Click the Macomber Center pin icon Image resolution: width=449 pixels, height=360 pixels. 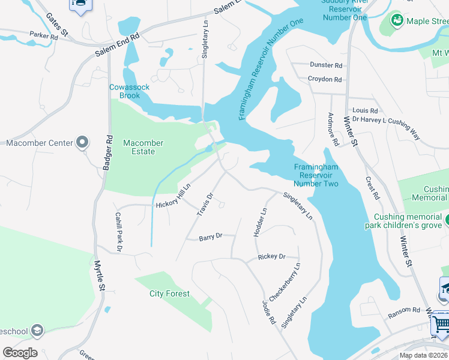83,143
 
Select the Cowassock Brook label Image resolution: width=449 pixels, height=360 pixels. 129,91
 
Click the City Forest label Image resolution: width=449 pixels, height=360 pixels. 169,293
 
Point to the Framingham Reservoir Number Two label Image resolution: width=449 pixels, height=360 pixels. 316,175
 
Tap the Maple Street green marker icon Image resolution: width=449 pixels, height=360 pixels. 397,22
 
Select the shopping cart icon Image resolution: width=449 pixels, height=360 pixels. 441,325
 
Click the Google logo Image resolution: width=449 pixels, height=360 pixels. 20,353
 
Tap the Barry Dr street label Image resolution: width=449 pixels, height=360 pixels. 211,237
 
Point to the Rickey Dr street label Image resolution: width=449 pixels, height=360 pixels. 271,256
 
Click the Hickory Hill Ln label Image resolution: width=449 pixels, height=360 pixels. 173,196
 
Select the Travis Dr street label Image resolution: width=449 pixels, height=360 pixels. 205,204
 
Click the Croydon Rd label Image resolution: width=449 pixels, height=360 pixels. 324,79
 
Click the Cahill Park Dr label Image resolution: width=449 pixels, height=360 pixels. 119,232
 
